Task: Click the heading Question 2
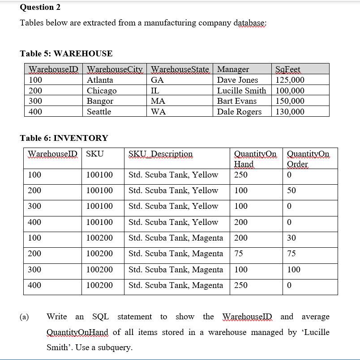pos(40,7)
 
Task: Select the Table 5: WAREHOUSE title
pos(66,54)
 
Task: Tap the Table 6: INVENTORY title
pos(64,138)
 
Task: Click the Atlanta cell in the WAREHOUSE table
pos(100,80)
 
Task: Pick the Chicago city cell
pos(102,91)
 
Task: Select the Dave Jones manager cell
pos(237,80)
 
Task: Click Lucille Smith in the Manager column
pos(241,91)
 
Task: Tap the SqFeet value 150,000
pos(290,101)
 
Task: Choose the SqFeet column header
pos(289,69)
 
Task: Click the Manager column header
pos(233,69)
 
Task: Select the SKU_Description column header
pos(160,154)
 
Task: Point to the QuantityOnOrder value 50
pos(291,191)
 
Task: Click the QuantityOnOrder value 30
pos(291,238)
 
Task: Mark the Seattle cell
pos(99,112)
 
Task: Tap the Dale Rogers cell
pos(239,112)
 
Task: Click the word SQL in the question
pos(100,317)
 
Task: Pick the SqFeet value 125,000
pos(290,80)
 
